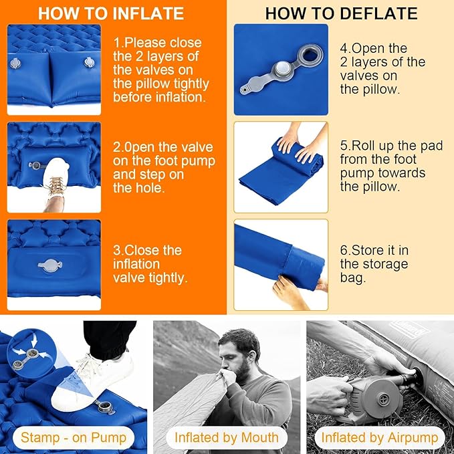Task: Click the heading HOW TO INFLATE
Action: tap(110, 13)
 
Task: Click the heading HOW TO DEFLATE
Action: tap(341, 13)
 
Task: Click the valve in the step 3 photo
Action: tap(53, 265)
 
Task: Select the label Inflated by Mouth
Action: tap(227, 438)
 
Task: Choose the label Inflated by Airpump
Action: tap(379, 438)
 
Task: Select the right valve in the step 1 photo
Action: tap(88, 62)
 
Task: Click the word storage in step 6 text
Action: tap(384, 263)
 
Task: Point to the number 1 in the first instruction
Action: tap(117, 43)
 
